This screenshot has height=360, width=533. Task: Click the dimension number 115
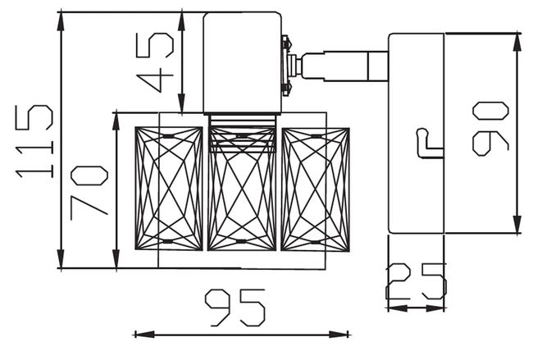[34, 141]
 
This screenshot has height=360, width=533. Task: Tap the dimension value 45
[155, 62]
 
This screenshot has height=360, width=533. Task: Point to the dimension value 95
[235, 308]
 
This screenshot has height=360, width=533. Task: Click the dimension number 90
[491, 129]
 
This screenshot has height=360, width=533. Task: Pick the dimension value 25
[416, 282]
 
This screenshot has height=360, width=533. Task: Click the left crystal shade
[169, 189]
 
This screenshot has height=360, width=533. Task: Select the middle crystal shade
[242, 189]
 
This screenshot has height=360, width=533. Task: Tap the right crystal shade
[316, 189]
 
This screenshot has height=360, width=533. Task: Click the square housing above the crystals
[243, 62]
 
